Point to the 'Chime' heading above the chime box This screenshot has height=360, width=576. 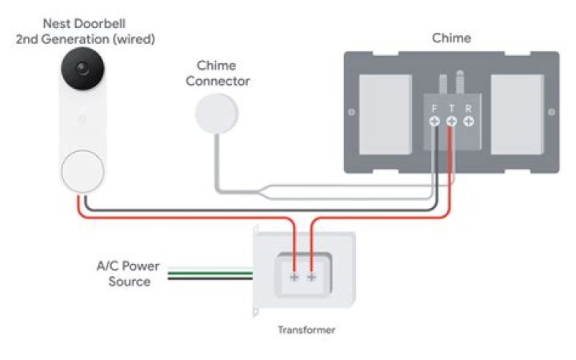[451, 38]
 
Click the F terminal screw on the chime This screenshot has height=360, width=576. [434, 121]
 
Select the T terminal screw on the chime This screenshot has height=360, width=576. [451, 121]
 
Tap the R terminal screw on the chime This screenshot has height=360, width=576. [469, 121]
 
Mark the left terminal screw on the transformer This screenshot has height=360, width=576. [294, 277]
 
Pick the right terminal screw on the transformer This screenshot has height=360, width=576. [311, 277]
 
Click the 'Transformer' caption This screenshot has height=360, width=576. [306, 330]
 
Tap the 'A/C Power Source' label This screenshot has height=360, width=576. [128, 274]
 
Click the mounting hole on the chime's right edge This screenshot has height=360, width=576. [550, 111]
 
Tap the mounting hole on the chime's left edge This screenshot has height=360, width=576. [351, 111]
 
